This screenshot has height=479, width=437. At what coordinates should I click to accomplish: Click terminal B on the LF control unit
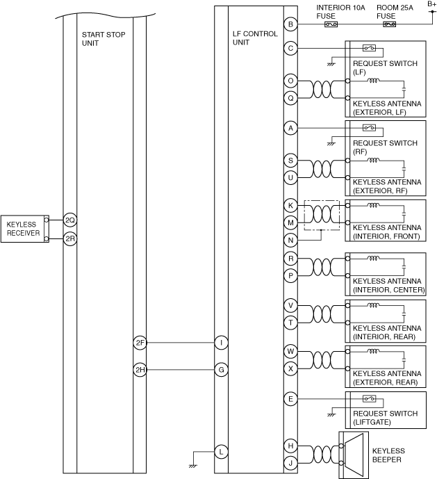290,25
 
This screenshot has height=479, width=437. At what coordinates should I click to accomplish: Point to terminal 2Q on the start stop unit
69,220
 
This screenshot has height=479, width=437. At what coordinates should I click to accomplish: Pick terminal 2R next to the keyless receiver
69,238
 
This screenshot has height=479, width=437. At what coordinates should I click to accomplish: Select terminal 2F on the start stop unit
140,343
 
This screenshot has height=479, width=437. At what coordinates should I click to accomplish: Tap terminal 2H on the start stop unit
140,370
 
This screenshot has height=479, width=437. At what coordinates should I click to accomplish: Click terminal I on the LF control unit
221,343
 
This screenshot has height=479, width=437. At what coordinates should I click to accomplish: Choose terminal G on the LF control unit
221,370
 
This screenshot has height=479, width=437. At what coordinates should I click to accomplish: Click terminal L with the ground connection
221,451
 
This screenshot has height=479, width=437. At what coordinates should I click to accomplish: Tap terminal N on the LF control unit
290,240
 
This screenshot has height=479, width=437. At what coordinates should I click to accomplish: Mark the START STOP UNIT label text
103,38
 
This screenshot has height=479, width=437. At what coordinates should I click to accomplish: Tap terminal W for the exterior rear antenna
290,351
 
